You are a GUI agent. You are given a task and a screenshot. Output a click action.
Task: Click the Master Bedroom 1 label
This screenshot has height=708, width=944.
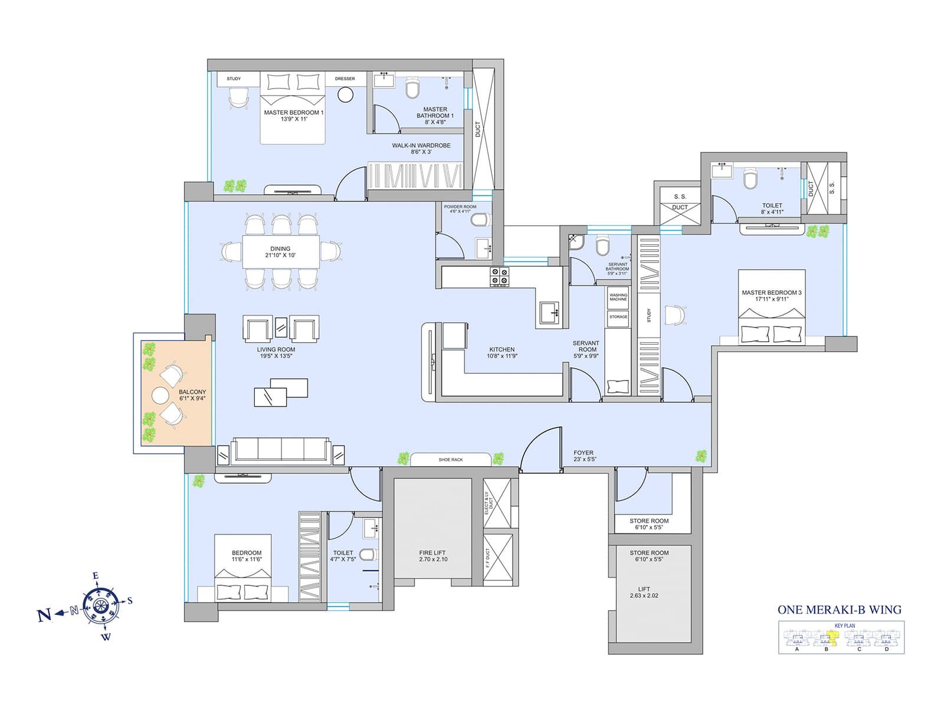[293, 113]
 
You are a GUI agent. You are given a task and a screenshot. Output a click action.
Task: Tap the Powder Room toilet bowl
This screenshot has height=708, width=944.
[481, 220]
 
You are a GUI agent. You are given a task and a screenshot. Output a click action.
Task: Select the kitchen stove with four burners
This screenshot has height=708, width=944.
[500, 277]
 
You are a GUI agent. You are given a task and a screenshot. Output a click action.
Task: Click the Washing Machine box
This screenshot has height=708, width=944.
[618, 297]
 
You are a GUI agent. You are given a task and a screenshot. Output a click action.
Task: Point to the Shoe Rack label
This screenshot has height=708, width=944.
[451, 460]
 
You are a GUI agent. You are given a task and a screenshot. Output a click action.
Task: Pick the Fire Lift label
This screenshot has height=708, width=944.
[432, 553]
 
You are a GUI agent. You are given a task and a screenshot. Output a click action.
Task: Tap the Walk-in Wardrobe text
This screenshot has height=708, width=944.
[421, 146]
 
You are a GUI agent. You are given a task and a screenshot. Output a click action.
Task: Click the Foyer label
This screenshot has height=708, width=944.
[584, 453]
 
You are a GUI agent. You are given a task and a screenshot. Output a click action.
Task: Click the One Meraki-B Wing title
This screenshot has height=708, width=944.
[839, 610]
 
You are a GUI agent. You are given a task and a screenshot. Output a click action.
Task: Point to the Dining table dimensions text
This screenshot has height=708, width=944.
[280, 255]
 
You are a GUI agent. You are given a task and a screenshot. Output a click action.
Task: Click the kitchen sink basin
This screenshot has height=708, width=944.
[550, 311]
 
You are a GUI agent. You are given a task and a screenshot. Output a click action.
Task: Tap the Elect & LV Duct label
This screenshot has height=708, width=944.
[488, 503]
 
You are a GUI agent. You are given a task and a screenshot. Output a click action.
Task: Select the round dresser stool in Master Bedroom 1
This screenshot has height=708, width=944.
[345, 94]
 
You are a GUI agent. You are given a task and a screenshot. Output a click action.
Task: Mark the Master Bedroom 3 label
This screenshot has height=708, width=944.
[772, 293]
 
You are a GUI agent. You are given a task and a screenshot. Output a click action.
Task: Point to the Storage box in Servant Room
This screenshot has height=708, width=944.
[618, 317]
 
